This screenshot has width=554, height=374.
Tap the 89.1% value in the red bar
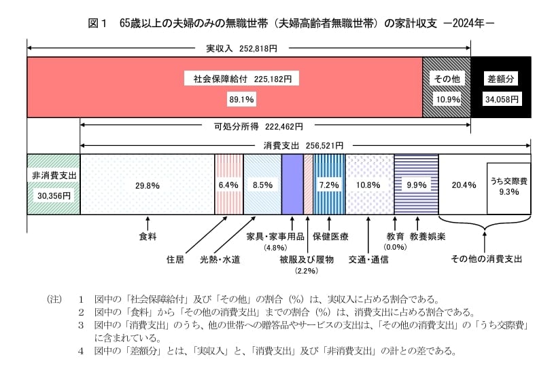click(241, 100)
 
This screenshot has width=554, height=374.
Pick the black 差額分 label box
click(501, 79)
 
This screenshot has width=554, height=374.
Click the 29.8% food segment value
click(148, 185)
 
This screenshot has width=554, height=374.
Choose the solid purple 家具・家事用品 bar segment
click(292, 185)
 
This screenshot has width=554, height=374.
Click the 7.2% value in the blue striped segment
click(329, 185)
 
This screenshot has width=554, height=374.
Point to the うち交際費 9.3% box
click(508, 187)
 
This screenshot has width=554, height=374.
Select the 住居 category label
click(175, 259)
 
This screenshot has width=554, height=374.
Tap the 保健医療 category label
click(330, 237)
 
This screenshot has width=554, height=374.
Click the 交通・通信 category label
click(368, 259)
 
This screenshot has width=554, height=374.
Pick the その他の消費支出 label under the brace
click(486, 259)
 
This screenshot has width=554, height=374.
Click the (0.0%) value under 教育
click(395, 248)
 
